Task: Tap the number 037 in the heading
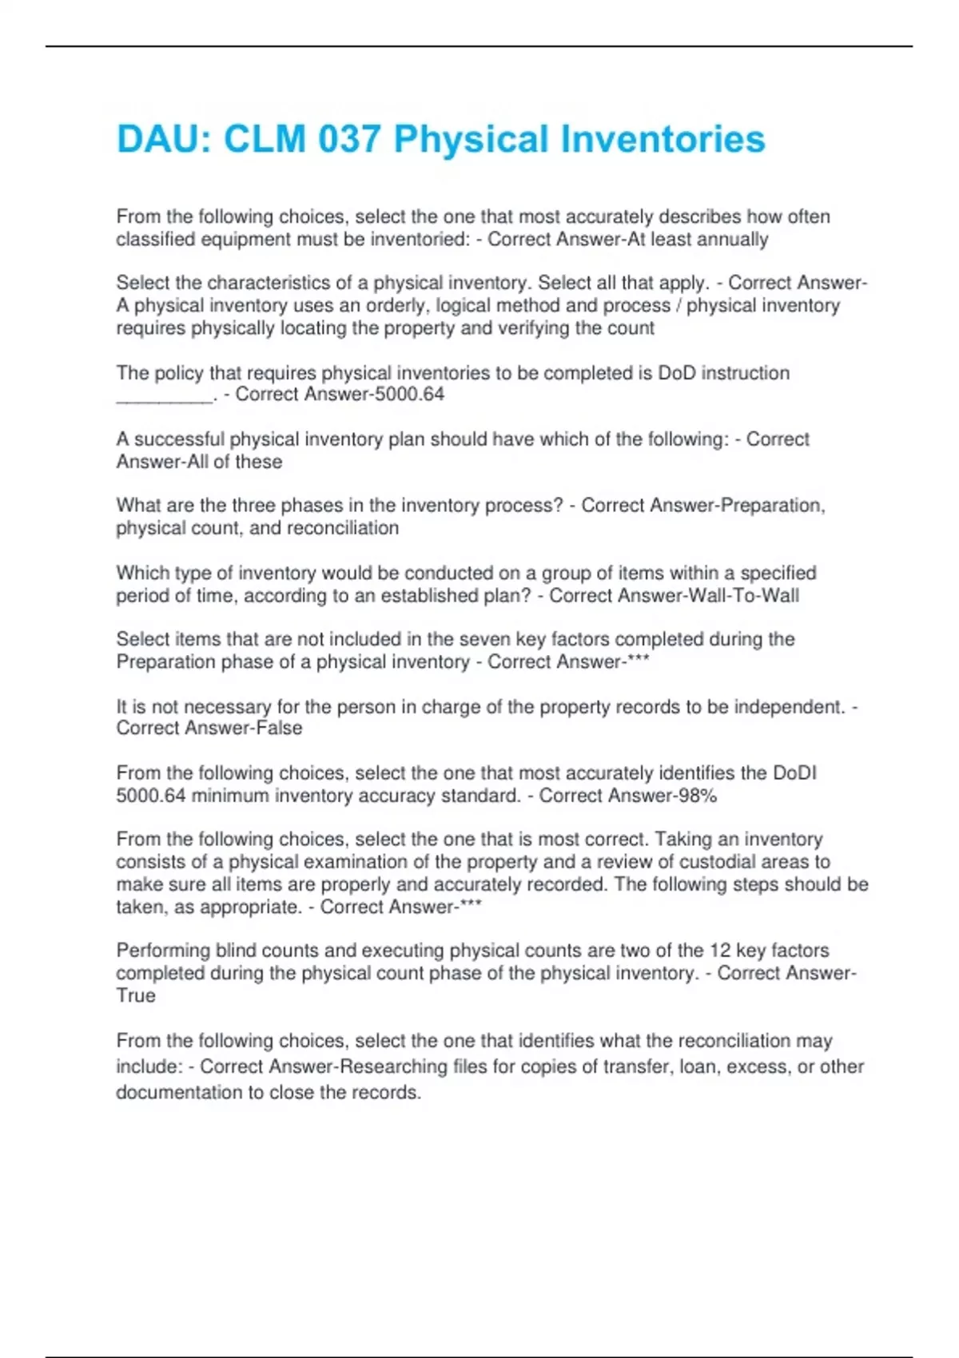point(348,139)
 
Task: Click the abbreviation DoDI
point(794,773)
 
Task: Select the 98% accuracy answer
point(696,796)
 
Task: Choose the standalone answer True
point(136,996)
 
